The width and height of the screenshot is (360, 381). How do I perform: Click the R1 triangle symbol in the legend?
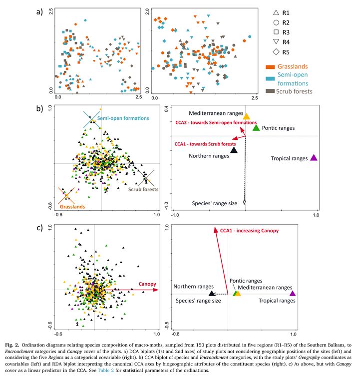tap(276, 12)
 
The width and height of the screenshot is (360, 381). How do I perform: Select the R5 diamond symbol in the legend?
tap(276, 51)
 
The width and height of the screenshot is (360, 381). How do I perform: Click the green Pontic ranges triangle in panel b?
tap(256, 128)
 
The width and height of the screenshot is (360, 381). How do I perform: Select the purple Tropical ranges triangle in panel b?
tap(314, 158)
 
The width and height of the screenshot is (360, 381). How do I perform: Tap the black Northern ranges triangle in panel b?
tap(234, 149)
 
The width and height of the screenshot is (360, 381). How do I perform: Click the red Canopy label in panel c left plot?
tap(147, 284)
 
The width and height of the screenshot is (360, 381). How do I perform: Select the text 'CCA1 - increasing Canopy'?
tap(249, 231)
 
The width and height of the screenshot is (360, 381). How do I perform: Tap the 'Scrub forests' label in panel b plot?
tap(143, 190)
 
